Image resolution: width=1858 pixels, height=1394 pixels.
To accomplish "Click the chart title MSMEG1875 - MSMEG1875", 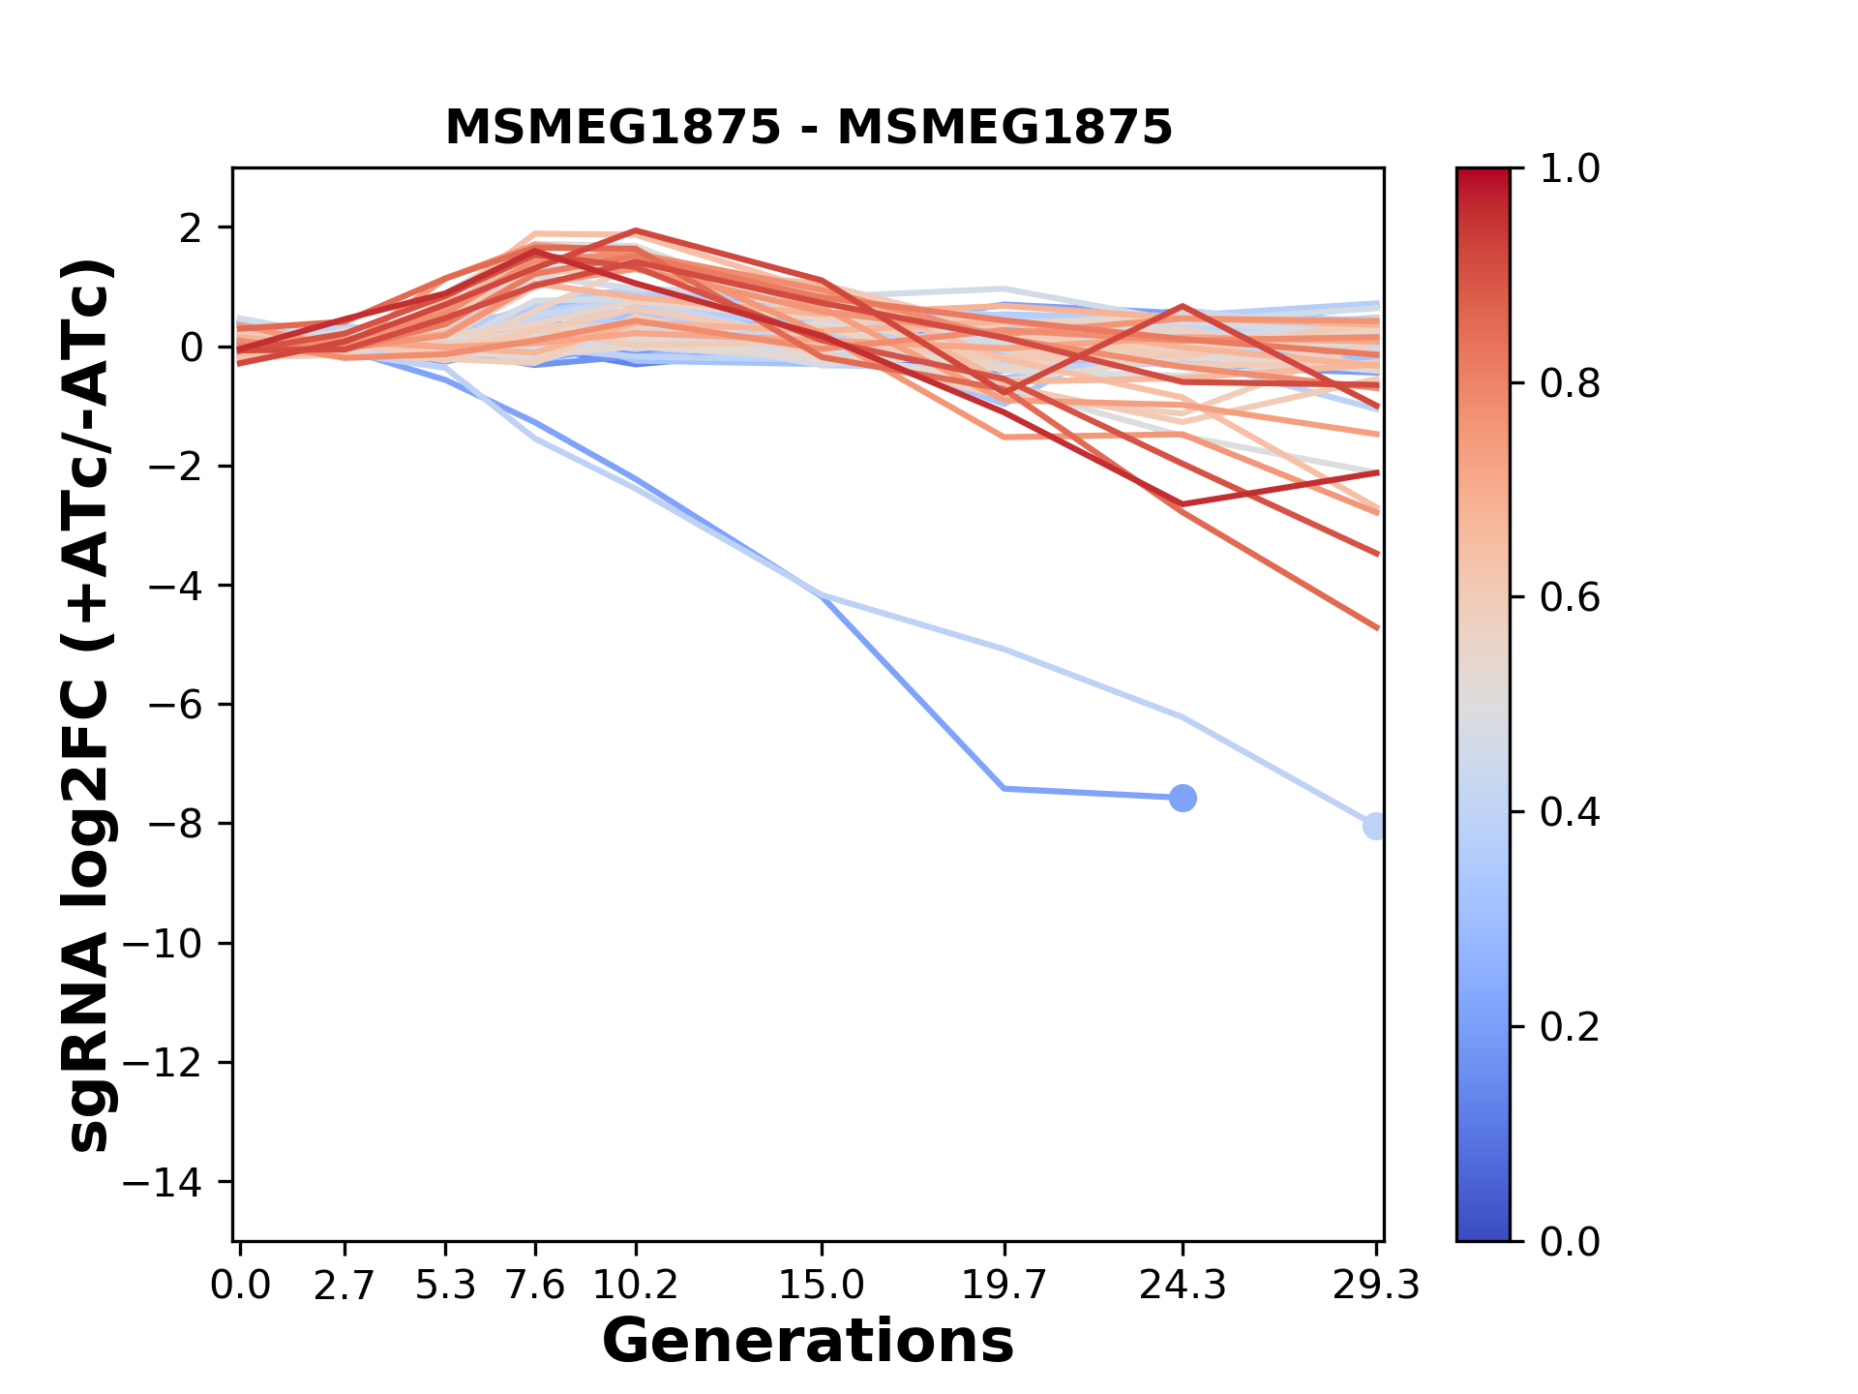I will click(808, 128).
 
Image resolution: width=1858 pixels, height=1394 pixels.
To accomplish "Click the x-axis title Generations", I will click(808, 1342).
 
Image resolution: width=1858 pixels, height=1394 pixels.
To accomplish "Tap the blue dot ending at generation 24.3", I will click(1182, 798).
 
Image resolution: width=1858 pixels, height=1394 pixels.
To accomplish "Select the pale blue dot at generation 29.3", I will click(1375, 826).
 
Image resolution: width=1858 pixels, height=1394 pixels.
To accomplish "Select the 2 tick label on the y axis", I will click(192, 228).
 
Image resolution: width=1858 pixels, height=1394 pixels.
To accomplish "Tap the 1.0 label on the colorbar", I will click(1570, 169).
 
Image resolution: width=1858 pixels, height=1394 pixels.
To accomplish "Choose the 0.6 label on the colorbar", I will click(1570, 598).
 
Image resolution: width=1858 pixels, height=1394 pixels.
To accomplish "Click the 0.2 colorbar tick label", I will click(1570, 1027).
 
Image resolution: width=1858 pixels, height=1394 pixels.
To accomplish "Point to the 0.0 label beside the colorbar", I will click(1570, 1241).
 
